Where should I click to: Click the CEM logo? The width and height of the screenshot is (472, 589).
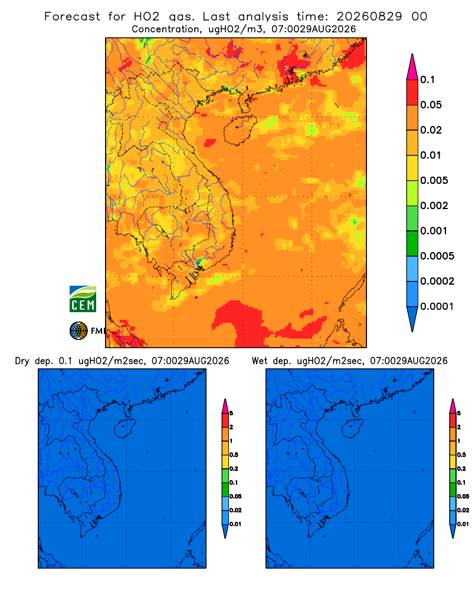coord(83,299)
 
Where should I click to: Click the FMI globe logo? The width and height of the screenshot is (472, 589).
coord(78,331)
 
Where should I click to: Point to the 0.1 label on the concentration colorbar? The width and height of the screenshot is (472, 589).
coord(427,80)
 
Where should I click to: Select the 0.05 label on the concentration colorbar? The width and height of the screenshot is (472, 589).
coord(431,105)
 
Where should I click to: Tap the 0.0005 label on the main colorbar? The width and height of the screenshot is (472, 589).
coord(437,256)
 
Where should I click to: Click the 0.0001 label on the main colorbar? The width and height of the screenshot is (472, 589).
coord(437,306)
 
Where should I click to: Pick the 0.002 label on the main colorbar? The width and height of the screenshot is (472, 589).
coord(434,206)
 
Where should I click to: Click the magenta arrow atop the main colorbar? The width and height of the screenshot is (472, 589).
coord(412,67)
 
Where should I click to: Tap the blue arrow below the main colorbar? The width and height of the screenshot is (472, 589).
coord(412,319)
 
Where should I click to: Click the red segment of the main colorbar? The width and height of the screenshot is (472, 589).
coord(412,92)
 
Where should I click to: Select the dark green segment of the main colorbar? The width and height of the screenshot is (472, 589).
coord(412,243)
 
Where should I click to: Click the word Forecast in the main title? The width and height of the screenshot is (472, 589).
coord(72,16)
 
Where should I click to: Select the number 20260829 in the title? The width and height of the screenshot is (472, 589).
coord(369,16)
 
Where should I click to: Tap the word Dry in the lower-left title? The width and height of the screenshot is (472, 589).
coord(22,361)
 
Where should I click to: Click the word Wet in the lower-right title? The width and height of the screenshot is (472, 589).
coord(260,361)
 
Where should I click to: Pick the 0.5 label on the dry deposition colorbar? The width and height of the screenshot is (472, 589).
coord(234,455)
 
